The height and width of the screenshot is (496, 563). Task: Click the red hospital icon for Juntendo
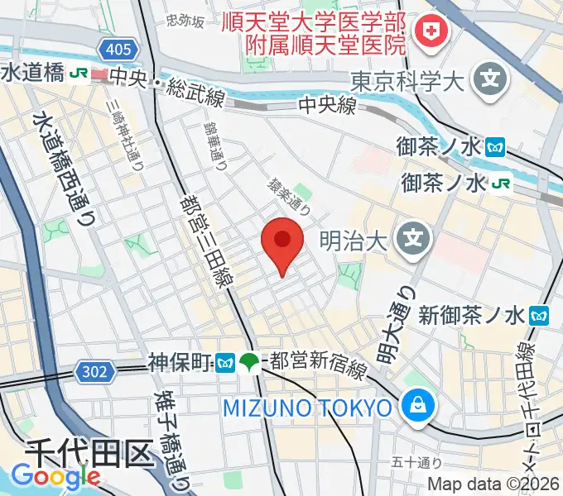click(x=431, y=32)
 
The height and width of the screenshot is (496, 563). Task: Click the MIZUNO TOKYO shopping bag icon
click(x=413, y=407)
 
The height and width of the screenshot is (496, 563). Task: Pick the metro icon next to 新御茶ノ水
click(x=541, y=314)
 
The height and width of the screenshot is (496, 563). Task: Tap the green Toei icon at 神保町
click(x=248, y=361)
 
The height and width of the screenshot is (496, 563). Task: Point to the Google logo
click(x=55, y=477)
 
